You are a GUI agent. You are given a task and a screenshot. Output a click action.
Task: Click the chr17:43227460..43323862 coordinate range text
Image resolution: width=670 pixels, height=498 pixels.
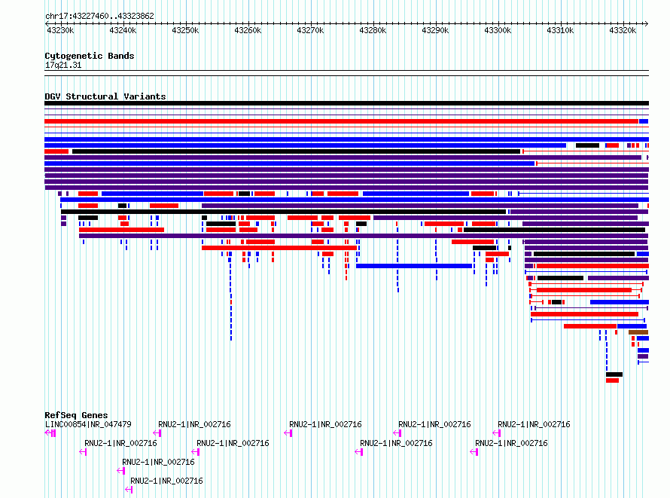point(99,17)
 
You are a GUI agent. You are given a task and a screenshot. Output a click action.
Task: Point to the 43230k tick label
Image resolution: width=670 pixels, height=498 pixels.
point(60,30)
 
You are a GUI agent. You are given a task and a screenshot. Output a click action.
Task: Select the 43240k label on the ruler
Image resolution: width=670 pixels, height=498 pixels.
point(123,30)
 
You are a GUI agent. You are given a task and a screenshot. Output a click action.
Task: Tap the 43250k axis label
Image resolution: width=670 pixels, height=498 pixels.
point(185,30)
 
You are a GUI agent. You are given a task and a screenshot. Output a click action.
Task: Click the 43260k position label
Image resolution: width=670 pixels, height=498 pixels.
point(248,30)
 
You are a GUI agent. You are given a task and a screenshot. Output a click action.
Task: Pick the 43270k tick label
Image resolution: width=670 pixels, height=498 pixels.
point(310,30)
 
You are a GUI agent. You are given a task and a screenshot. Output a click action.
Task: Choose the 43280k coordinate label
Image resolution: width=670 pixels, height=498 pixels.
point(373,30)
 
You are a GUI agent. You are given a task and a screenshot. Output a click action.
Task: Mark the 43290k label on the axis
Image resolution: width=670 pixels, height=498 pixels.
point(435,30)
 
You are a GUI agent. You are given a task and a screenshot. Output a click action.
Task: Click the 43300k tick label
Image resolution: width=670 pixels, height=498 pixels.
point(498,30)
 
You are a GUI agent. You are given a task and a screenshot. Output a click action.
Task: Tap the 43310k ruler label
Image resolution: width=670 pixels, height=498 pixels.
point(560,30)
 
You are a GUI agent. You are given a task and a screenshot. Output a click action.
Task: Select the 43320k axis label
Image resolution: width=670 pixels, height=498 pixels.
point(623,30)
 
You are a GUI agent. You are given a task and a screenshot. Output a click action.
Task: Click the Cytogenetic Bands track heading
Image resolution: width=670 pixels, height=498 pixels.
point(90,56)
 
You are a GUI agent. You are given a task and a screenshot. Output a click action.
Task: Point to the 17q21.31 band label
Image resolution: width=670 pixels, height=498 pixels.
point(63,65)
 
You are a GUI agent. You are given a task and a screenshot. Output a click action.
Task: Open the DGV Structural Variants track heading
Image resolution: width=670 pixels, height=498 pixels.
point(105,96)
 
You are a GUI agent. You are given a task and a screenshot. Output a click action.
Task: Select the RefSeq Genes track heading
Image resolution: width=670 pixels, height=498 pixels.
point(76,415)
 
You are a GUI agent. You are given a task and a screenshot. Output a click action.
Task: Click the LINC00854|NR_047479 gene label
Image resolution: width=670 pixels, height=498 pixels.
point(88,424)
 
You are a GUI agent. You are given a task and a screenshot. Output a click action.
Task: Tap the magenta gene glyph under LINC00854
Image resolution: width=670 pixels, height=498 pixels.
point(50,433)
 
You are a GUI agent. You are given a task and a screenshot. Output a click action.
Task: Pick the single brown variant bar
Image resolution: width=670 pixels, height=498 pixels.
point(638,332)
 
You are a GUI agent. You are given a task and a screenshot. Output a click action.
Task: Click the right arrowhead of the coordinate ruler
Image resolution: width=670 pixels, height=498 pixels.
point(647,23)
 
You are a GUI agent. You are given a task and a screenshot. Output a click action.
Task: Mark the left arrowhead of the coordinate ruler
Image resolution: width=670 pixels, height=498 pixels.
point(46,23)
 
